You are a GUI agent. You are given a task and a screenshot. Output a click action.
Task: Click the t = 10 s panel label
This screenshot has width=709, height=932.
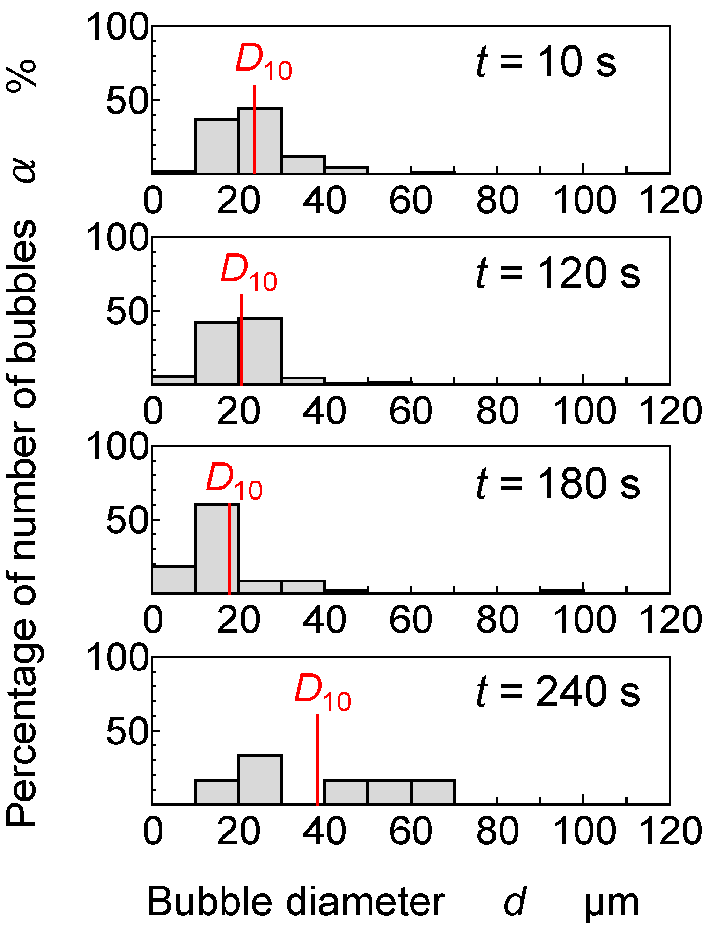[546, 63]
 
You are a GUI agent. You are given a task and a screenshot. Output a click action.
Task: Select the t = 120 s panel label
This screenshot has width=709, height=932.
[558, 273]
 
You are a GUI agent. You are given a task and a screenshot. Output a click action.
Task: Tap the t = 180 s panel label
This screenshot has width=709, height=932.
[558, 483]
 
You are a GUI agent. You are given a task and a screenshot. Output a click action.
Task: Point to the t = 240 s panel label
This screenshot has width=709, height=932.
[558, 692]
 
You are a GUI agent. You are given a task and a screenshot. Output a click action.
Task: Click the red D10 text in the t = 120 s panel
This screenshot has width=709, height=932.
[249, 274]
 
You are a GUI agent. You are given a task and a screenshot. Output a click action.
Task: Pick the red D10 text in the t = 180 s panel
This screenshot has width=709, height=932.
[234, 481]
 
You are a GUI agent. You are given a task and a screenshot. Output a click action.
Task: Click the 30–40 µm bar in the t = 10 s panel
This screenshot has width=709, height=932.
[303, 164]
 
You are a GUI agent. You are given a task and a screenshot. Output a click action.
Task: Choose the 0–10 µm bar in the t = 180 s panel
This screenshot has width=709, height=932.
[174, 579]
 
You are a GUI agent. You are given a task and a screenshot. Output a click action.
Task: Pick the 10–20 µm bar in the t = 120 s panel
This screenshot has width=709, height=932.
[217, 353]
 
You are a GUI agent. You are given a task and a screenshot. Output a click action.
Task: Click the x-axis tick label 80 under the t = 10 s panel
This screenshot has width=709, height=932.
[497, 201]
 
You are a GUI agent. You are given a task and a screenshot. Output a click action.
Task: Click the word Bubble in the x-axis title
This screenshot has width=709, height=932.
[210, 902]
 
